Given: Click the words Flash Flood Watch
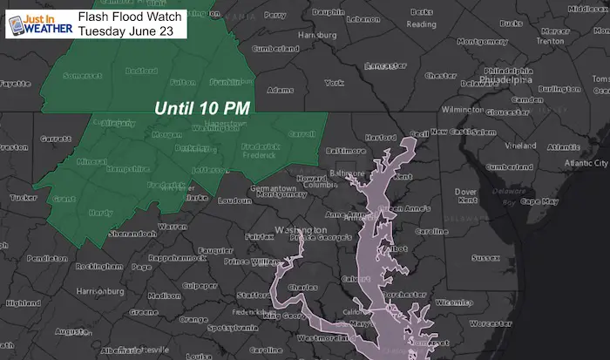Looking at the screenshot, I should click(x=129, y=15).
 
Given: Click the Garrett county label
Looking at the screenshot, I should click(x=55, y=139).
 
